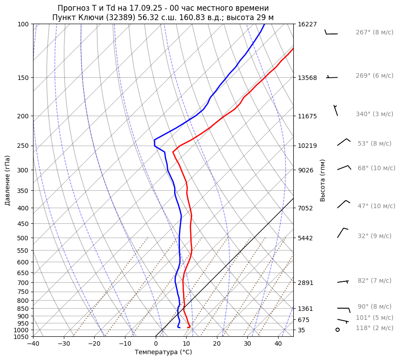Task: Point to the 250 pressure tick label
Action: [x=23, y=146]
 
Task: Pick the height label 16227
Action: [x=307, y=24]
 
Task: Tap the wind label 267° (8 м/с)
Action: [x=375, y=33]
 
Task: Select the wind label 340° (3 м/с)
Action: [x=375, y=114]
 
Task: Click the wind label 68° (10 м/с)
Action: [x=376, y=168]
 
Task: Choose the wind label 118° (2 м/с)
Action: [x=375, y=328]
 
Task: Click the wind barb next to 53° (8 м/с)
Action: [x=343, y=142]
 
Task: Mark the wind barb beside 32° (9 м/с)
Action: [x=342, y=232]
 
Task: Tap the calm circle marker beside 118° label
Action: [x=337, y=330]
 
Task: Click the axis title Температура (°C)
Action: [x=163, y=352]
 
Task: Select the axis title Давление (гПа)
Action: [x=8, y=180]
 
